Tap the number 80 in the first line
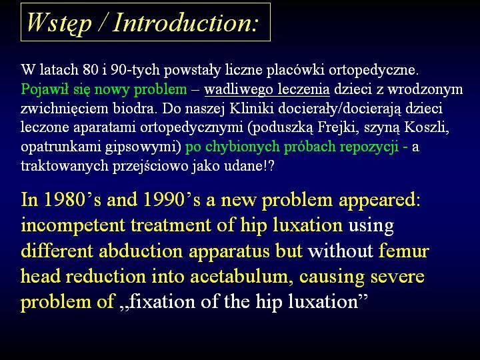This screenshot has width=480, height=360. click(90, 70)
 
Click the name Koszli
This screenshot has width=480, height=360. click(427, 127)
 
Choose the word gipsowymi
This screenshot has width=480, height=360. click(143, 147)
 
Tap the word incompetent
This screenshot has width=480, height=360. click(73, 226)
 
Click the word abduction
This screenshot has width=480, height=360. click(141, 251)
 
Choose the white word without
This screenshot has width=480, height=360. click(341, 251)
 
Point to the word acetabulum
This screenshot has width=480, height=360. click(239, 277)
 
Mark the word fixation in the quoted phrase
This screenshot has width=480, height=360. click(161, 302)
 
